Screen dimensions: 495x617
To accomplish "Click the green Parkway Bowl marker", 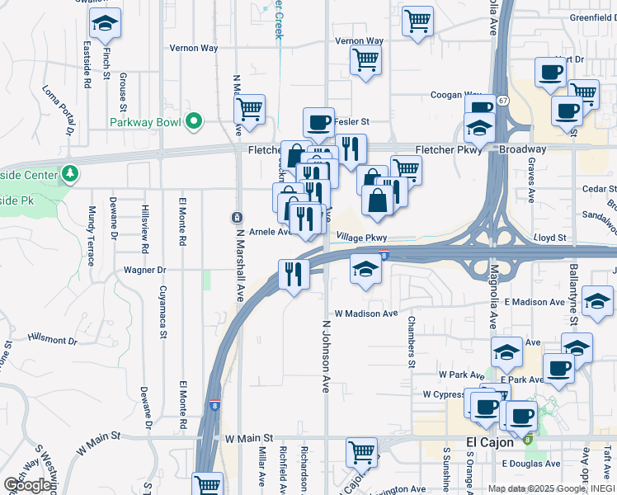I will point(195,122).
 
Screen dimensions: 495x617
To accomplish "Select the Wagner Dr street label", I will point(145,270).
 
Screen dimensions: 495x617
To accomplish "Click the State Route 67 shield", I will point(502,100).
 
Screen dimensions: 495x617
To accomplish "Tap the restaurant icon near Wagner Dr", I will point(294,273).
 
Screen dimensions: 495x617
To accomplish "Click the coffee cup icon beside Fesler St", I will point(318,123).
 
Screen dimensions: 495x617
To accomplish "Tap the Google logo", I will point(27,485).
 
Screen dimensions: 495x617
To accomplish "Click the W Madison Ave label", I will point(367,313).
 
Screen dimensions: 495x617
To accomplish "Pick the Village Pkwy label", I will point(361,238).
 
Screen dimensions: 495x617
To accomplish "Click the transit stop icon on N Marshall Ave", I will point(237,217).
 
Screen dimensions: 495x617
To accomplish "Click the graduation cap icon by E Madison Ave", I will point(597,301).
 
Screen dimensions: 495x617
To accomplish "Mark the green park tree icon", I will point(71,174).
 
